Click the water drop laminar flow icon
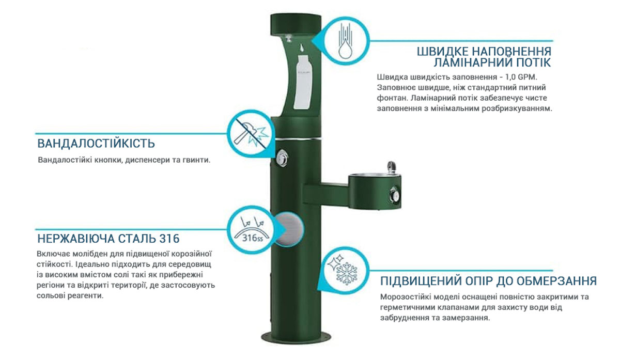click(x=343, y=41)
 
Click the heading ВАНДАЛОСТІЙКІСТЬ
click(x=96, y=144)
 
